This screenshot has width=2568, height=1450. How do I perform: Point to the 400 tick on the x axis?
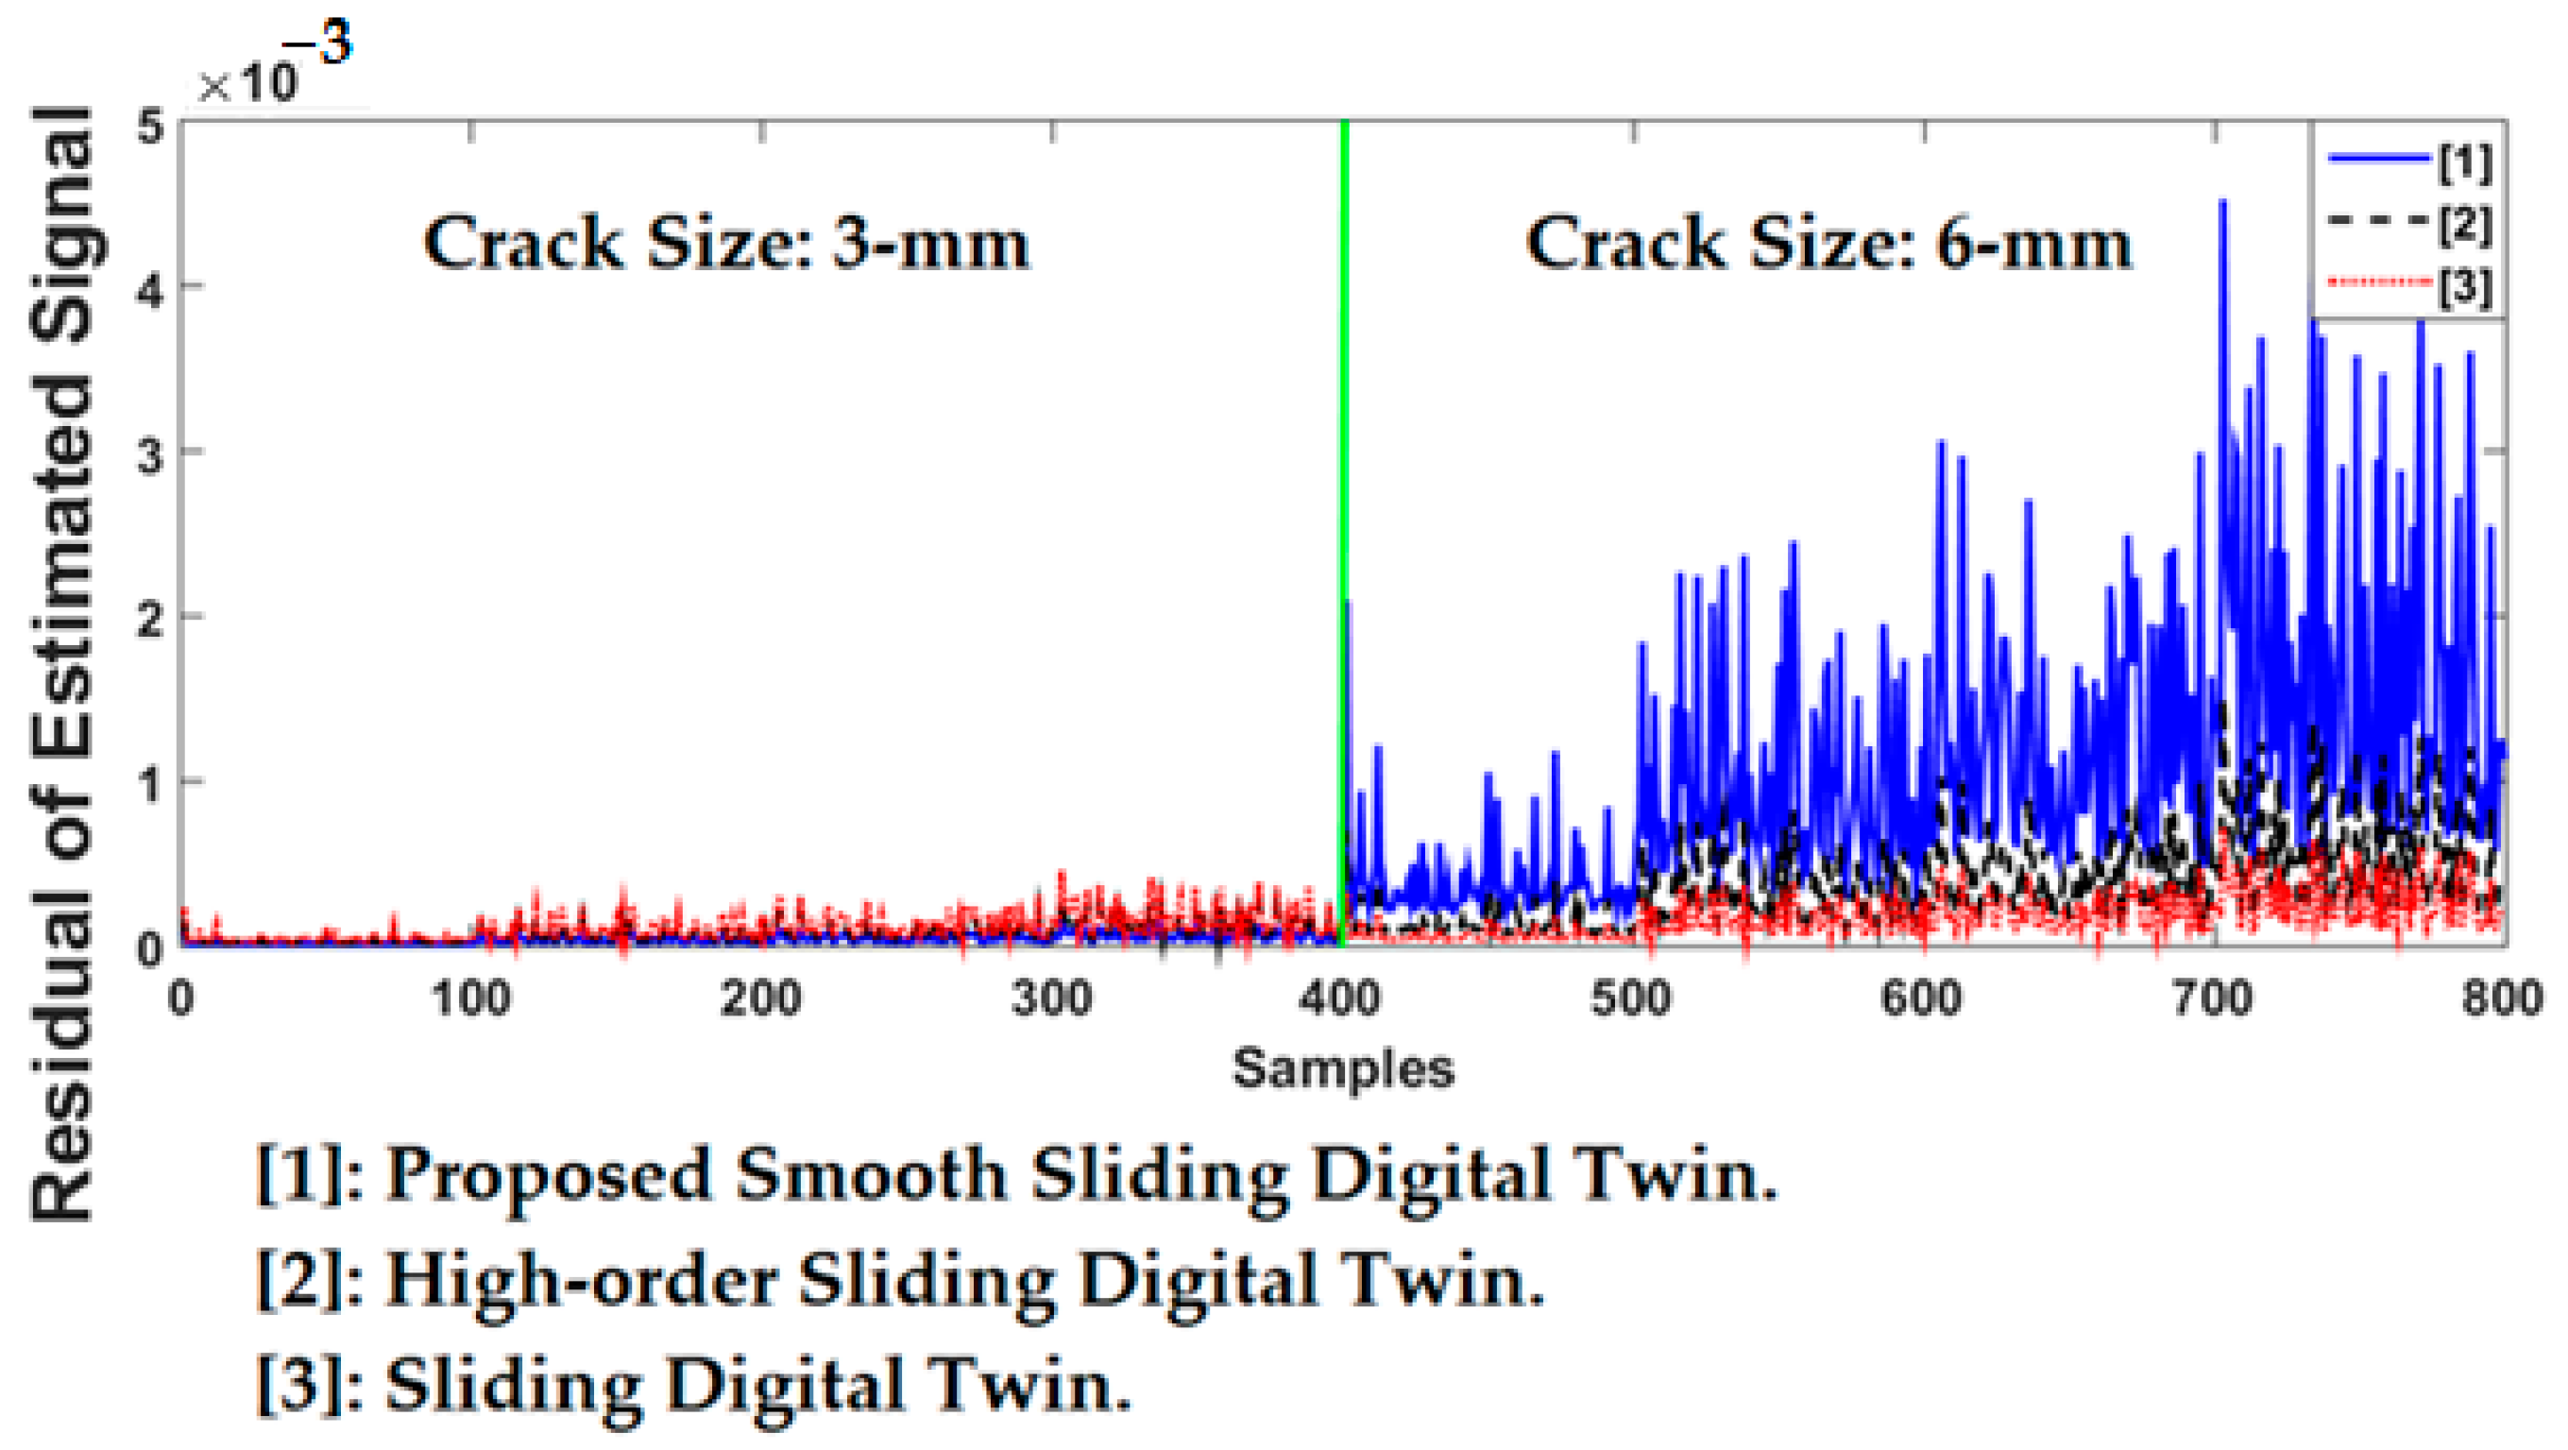[1343, 998]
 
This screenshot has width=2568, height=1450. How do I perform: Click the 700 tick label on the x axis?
[2213, 998]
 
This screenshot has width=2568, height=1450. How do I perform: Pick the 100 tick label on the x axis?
[470, 998]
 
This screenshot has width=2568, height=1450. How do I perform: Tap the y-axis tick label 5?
[149, 128]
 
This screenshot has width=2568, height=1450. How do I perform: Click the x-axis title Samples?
[1343, 1069]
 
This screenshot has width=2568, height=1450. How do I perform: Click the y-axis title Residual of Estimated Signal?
[61, 663]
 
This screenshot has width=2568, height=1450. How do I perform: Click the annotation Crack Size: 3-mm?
[725, 245]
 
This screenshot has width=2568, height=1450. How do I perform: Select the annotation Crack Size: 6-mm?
[1828, 245]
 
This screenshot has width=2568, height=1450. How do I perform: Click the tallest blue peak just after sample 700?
[2222, 205]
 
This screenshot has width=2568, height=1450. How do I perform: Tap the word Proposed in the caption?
[550, 1174]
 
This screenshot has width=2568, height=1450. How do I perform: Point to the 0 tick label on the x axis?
[180, 998]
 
